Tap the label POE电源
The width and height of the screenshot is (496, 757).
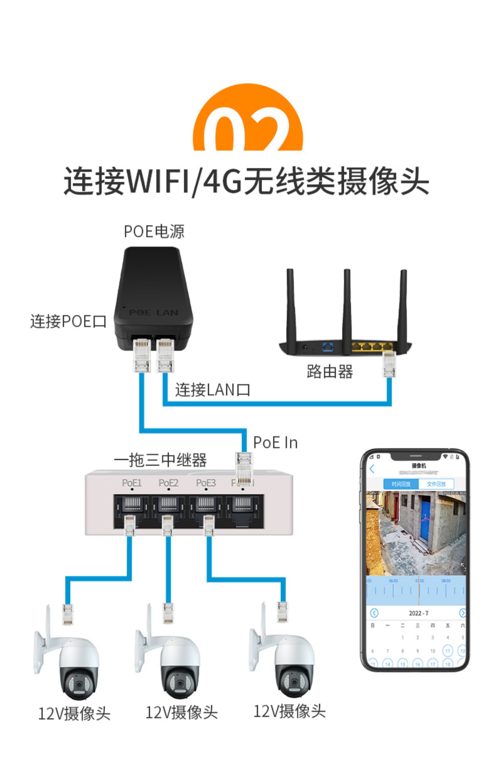[154, 231]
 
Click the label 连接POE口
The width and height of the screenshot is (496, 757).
[68, 321]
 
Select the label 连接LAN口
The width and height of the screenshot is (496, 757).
[212, 390]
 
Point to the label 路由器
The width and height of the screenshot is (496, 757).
[329, 371]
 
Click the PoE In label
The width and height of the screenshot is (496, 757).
[275, 443]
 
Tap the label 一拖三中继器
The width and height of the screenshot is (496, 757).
[160, 460]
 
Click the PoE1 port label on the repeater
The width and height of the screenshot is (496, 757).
[132, 483]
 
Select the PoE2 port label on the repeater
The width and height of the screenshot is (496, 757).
[168, 483]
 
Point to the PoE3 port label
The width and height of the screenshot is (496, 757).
[206, 483]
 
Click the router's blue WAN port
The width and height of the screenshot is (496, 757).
[327, 347]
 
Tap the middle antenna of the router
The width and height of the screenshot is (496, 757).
[347, 304]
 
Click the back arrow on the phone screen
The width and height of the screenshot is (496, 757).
[372, 469]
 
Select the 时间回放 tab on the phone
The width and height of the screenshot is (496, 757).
[401, 484]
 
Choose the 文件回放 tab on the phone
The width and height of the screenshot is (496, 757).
[436, 484]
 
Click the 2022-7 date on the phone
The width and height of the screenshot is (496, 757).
[419, 613]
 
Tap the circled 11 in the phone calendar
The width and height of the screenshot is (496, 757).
[447, 651]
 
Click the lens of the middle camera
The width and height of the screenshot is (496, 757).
[179, 683]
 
